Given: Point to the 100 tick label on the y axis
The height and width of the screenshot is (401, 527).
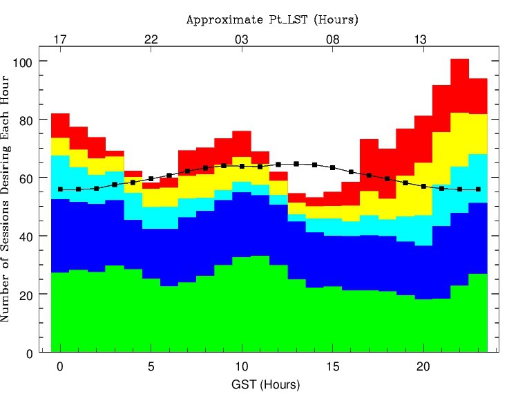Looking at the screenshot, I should coord(26,62).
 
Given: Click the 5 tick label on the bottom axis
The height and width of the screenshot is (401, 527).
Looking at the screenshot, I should coord(151,366).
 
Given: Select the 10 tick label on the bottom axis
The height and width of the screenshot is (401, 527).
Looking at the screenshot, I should coord(242,366).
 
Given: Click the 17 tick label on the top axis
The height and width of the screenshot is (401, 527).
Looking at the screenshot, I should coord(60,39).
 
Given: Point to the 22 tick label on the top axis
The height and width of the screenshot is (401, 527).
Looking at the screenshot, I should coord(151,39).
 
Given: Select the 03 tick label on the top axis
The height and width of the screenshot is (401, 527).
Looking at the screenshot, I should coord(242,39).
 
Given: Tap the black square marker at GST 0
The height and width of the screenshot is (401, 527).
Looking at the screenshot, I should coord(60,189).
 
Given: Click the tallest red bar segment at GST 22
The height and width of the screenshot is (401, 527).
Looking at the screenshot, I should coord(460,86).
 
